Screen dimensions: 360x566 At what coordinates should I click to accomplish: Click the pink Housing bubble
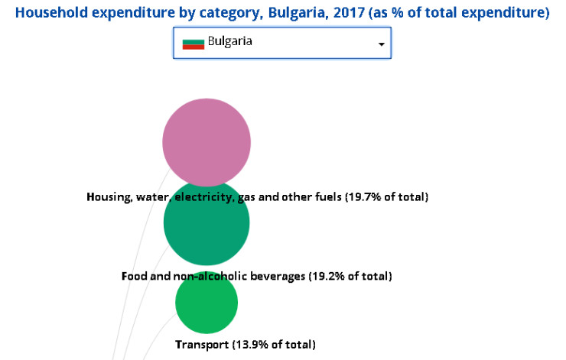pyautogui.click(x=207, y=141)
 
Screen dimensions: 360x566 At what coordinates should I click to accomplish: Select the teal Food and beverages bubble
pyautogui.click(x=207, y=223)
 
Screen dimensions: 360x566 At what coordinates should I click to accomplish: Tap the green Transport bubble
pyautogui.click(x=207, y=303)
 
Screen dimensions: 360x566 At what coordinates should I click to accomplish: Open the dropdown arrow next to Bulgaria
pyautogui.click(x=381, y=44)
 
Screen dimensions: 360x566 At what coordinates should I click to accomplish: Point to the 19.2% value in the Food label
pyautogui.click(x=324, y=276)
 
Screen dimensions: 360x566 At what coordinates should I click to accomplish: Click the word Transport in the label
pyautogui.click(x=202, y=345)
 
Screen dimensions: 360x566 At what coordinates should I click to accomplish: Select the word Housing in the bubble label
pyautogui.click(x=108, y=197)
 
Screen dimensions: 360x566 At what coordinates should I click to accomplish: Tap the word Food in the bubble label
pyautogui.click(x=134, y=276)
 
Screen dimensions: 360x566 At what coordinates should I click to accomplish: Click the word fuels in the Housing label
pyautogui.click(x=324, y=197)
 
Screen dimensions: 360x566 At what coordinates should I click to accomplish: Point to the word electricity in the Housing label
pyautogui.click(x=204, y=197)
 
